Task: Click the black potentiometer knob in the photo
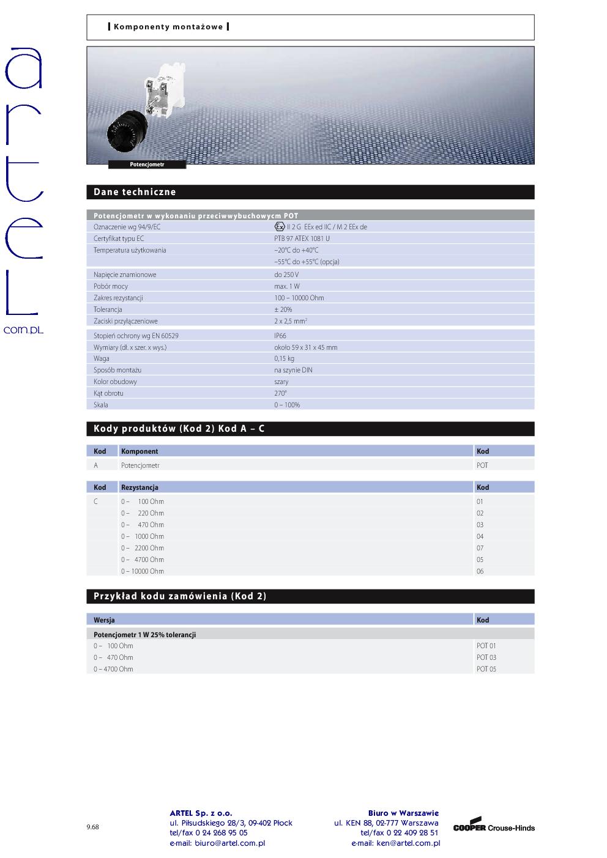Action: (127, 131)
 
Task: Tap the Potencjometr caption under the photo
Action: (147, 165)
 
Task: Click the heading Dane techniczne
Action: (135, 192)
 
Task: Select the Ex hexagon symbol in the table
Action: (280, 227)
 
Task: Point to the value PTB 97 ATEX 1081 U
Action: (302, 239)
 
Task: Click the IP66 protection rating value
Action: (280, 336)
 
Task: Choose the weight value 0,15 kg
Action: (284, 358)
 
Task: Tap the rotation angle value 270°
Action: (280, 393)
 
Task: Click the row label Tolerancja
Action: (108, 309)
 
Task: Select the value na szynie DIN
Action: (293, 370)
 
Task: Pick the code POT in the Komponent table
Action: (482, 465)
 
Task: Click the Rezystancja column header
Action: (140, 487)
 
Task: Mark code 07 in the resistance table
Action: (480, 548)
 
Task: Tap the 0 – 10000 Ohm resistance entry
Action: (143, 571)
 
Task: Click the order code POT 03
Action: (486, 657)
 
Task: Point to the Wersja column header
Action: (104, 620)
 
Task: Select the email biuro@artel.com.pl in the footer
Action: (217, 843)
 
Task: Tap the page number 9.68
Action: (92, 827)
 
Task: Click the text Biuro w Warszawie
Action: (403, 813)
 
